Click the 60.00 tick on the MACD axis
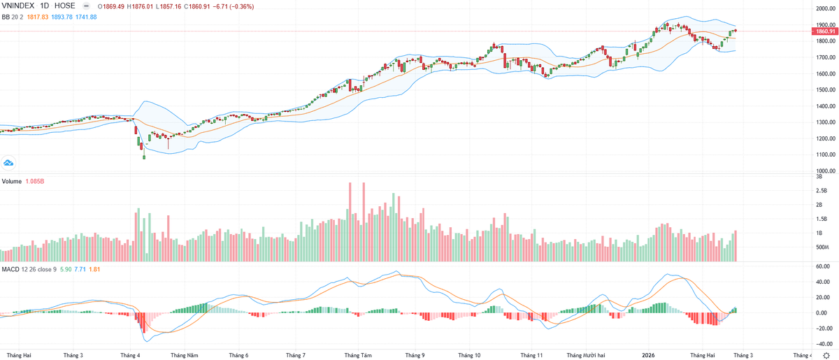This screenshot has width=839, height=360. point(822,266)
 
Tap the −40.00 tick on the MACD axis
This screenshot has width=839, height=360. point(822,343)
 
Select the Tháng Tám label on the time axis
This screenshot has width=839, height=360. point(358,355)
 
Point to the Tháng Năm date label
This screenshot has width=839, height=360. point(185,355)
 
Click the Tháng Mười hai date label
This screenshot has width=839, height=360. point(586,355)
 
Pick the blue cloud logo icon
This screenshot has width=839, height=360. point(9,163)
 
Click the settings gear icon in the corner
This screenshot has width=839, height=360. point(826,355)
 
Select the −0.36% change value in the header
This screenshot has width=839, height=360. point(242,6)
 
